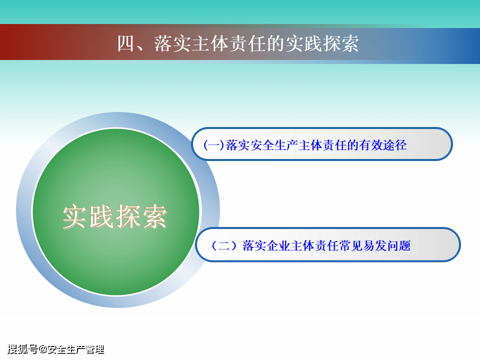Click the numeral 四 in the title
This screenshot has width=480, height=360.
coord(126,43)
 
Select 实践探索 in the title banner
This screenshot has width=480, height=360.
coord(322,43)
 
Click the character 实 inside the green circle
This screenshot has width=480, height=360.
coord(75,216)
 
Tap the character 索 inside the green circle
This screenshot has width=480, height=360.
coord(154,216)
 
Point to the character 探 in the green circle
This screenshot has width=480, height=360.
coord(128,216)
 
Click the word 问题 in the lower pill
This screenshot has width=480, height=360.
coord(399,245)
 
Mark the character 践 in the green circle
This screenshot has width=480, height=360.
coord(102,216)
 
